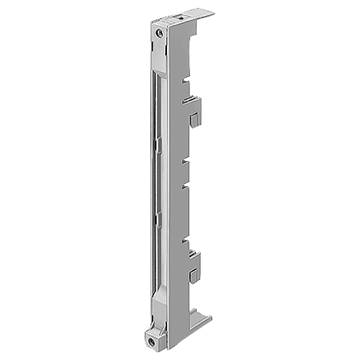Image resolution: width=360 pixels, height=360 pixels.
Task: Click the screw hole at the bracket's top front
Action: (x=158, y=32)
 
